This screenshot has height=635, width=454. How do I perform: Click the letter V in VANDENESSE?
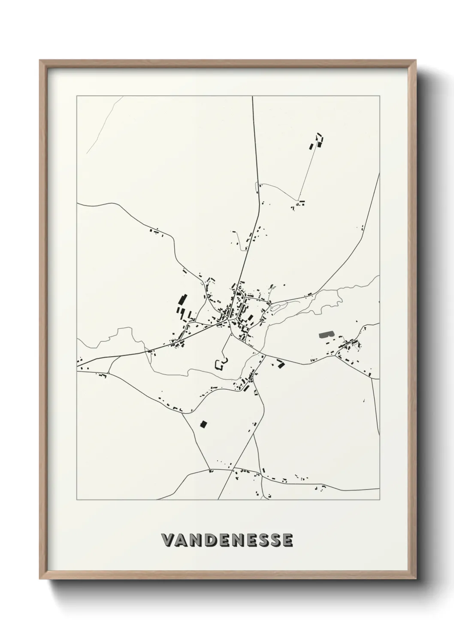click(x=167, y=540)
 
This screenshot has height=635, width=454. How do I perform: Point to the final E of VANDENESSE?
click(x=288, y=540)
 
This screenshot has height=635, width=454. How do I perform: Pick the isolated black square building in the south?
click(x=204, y=424)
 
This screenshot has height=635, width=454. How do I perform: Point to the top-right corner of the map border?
click(x=379, y=96)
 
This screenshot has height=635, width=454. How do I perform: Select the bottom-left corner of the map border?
click(x=77, y=500)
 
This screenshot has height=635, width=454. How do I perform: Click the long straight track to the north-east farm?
click(x=308, y=172)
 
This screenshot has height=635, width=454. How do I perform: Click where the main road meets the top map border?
click(x=252, y=97)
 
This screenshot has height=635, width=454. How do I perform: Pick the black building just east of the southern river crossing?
click(x=281, y=364)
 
